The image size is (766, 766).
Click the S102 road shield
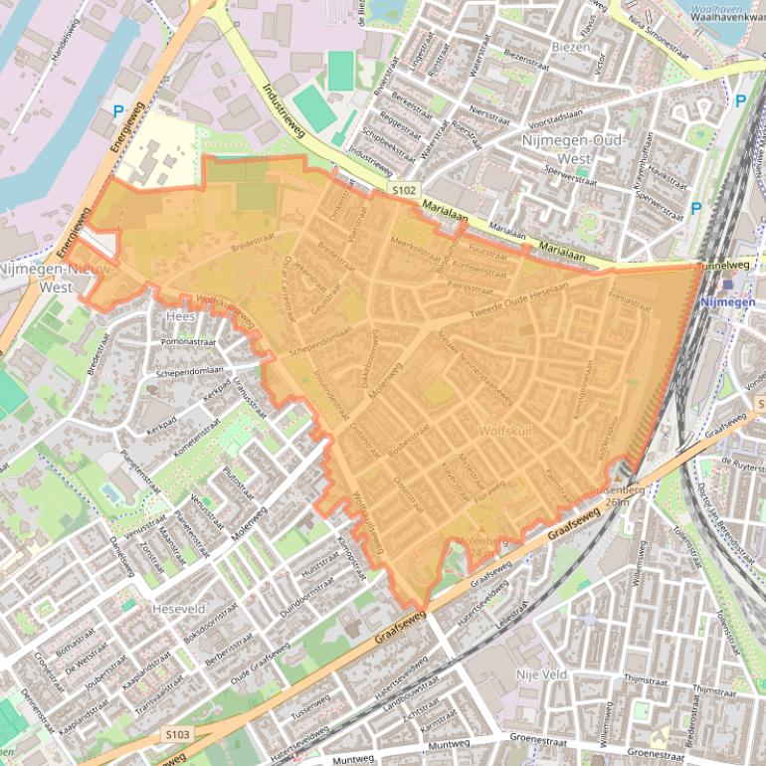click(404, 189)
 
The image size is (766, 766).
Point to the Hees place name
click(182, 315)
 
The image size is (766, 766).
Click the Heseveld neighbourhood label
click(178, 607)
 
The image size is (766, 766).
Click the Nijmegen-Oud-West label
click(571, 150)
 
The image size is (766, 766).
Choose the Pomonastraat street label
click(193, 341)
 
